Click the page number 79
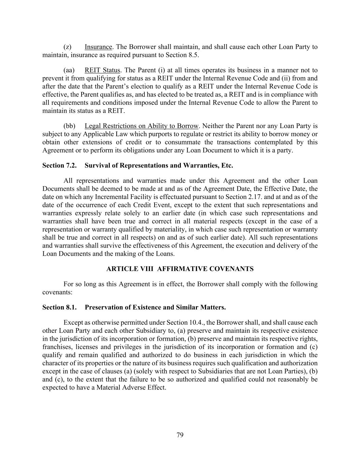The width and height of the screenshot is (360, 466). [x=180, y=435]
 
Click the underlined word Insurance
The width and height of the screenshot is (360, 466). [x=98, y=47]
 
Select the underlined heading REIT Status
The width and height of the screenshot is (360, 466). [x=102, y=70]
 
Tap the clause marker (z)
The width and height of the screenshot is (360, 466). [x=67, y=47]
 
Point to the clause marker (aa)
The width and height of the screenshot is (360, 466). [x=69, y=70]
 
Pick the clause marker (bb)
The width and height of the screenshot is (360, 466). [x=69, y=126]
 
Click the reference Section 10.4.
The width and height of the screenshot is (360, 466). [x=186, y=323]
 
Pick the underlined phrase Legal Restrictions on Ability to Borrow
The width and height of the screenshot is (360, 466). [x=141, y=126]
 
